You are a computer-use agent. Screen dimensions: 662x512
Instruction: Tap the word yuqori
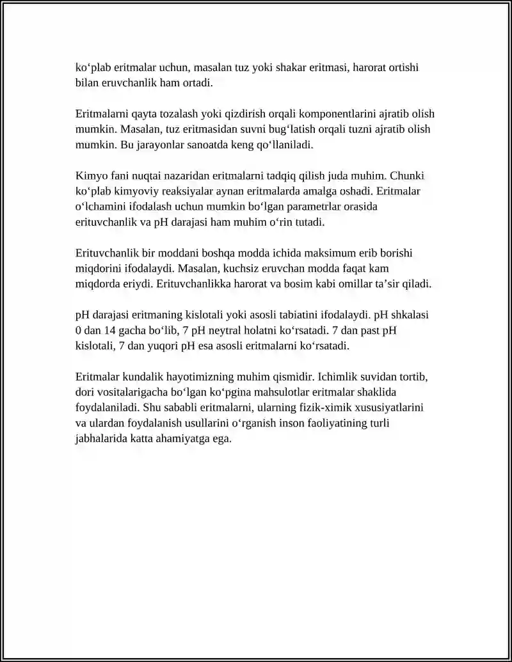click(177, 346)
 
